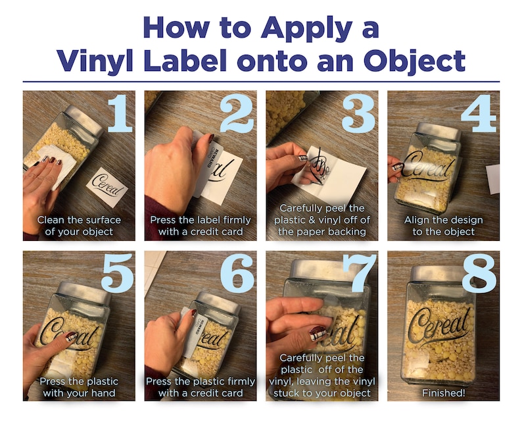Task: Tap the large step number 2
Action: click(237, 113)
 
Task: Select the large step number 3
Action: click(358, 113)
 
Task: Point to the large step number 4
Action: click(479, 113)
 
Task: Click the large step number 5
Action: click(118, 273)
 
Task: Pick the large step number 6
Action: click(237, 273)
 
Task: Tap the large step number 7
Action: click(360, 273)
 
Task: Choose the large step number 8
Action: click(479, 273)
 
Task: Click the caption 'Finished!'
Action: click(443, 393)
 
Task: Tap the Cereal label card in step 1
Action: click(107, 187)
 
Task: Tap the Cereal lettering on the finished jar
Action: click(440, 329)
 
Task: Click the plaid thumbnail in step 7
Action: click(318, 334)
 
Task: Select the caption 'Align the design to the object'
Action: click(443, 226)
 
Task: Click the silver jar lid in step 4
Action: click(440, 130)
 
